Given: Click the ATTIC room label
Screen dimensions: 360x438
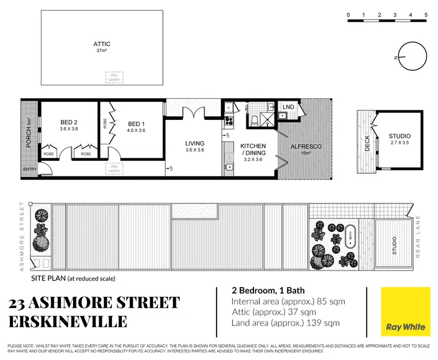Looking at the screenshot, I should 102,44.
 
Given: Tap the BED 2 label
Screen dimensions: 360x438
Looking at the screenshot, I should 69,122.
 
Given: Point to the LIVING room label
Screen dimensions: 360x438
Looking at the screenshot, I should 195,143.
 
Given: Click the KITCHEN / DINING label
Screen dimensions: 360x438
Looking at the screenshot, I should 253,149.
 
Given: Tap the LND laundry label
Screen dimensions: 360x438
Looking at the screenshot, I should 288,107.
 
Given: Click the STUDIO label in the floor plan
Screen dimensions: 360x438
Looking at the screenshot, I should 399,136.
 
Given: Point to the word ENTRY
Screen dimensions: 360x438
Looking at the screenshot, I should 30,169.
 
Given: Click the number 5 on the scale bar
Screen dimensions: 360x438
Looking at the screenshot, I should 427,15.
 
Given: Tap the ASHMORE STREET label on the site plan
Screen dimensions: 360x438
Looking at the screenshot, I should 22,236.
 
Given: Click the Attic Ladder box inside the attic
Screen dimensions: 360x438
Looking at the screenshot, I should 113,77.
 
